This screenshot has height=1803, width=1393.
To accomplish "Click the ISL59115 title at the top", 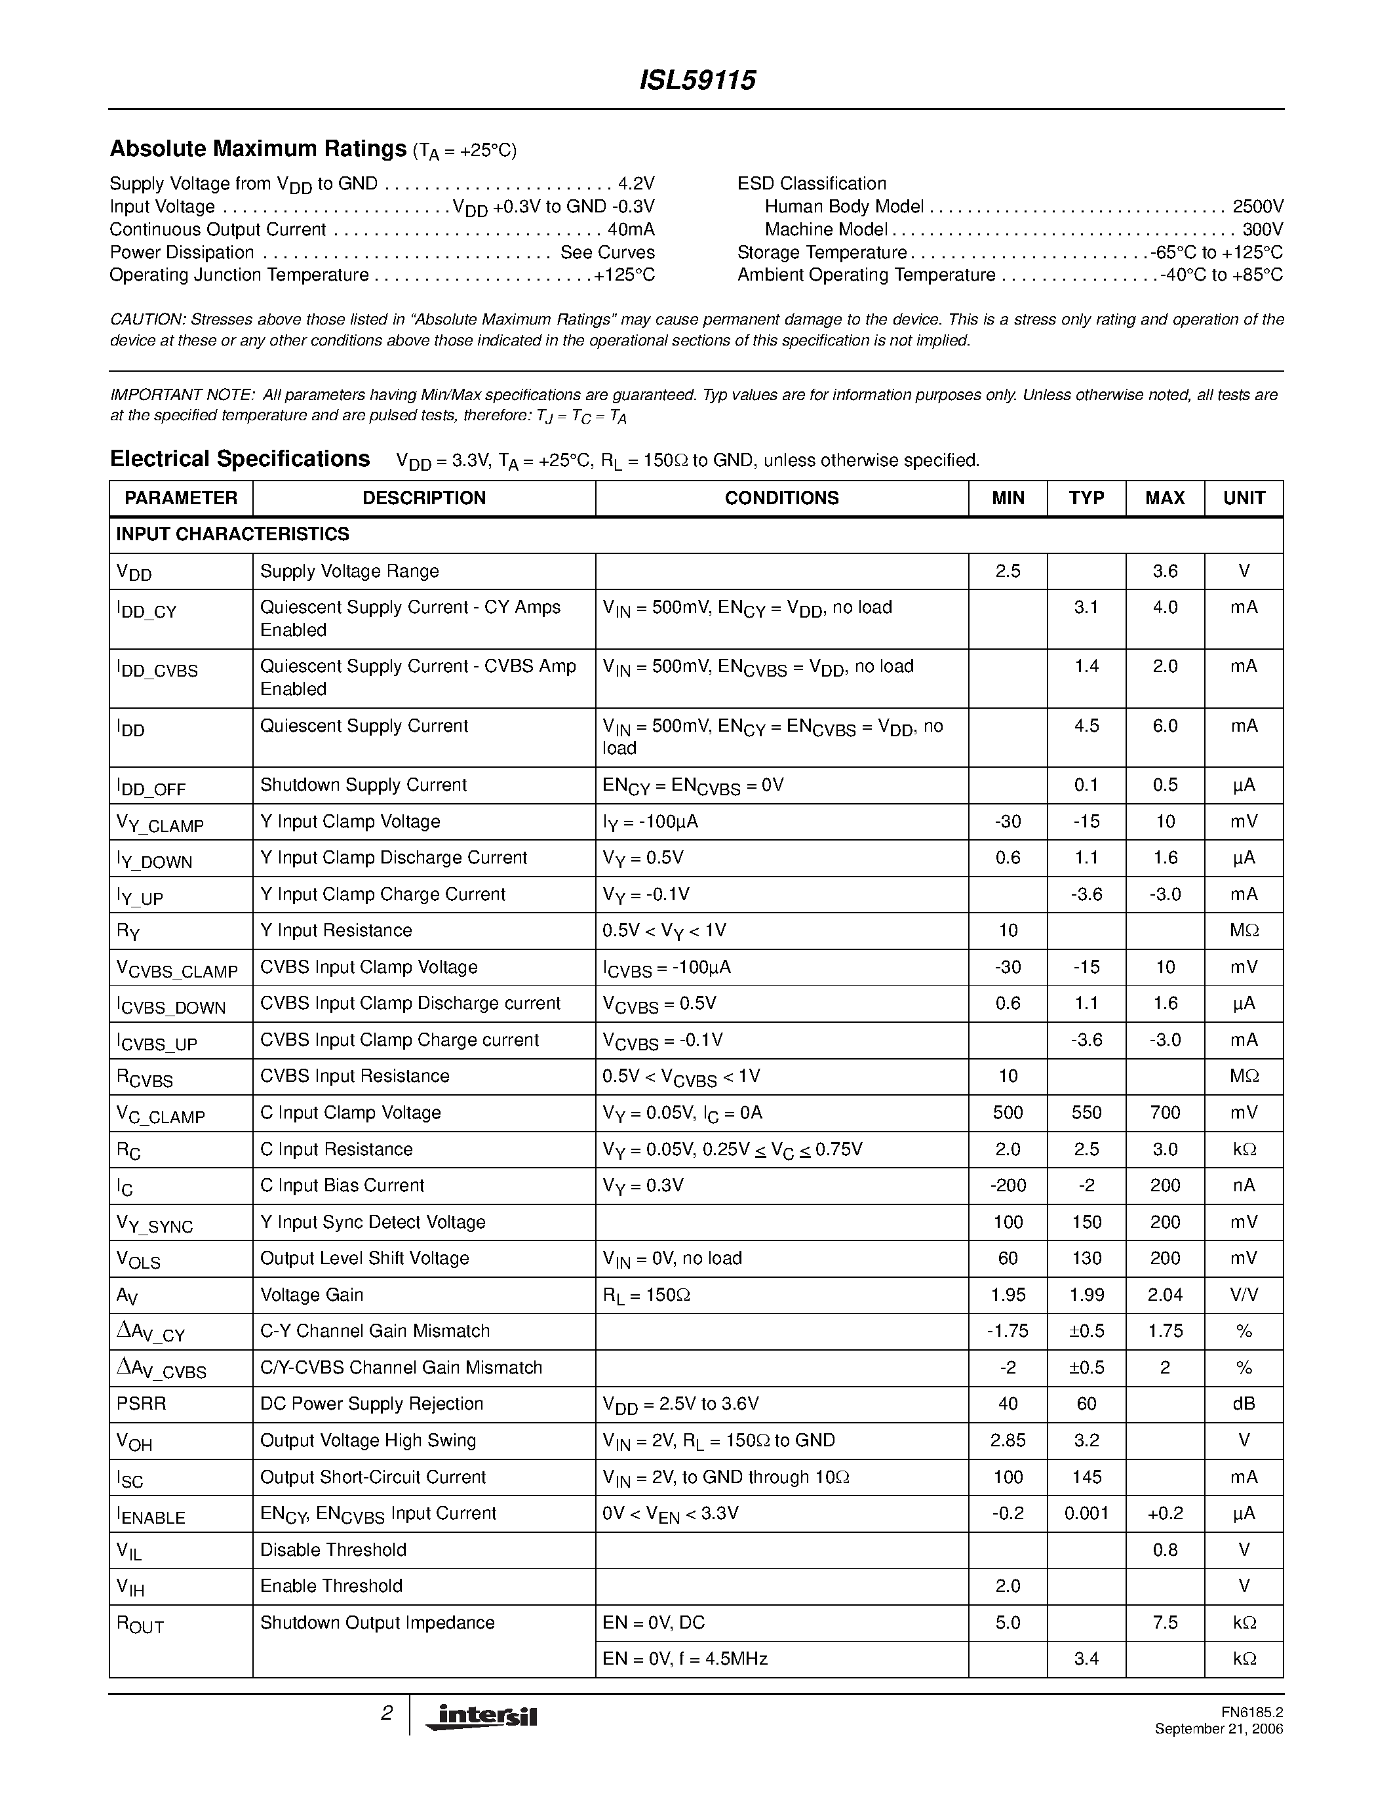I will point(697,80).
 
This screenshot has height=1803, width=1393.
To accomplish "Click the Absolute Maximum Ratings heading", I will point(258,149).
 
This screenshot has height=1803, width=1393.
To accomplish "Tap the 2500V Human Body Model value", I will point(1258,207).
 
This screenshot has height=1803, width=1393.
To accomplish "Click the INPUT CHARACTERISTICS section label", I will point(233,534).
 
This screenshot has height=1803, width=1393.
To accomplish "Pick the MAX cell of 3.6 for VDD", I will point(1164,571).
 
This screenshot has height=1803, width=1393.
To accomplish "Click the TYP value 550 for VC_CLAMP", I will point(1086,1113).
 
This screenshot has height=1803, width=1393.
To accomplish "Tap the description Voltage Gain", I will point(312,1294).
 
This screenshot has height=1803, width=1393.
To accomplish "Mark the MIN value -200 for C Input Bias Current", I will point(1008,1185).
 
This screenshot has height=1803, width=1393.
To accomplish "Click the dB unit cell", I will point(1244,1404).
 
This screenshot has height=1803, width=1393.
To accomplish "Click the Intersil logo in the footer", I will point(481,1716).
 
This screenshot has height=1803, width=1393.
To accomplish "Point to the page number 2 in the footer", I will point(386,1713).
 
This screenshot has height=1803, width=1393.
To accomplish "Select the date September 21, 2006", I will point(1219,1729).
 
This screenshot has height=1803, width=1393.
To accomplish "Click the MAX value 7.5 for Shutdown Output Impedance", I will point(1164,1622).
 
